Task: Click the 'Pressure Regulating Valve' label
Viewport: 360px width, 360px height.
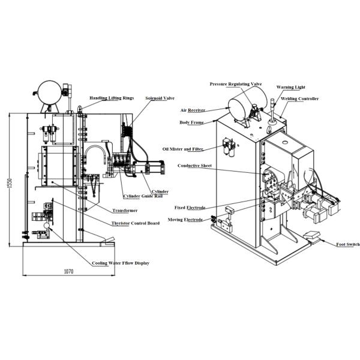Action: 236,84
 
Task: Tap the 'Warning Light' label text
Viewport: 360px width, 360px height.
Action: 290,87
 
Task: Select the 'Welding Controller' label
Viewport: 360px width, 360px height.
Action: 299,99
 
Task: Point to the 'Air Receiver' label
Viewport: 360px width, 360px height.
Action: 193,110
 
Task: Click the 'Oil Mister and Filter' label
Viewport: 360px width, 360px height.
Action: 183,149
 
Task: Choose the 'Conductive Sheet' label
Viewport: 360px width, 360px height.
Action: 194,166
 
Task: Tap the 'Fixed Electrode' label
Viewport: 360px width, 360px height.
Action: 190,208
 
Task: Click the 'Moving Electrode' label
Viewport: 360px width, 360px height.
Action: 185,220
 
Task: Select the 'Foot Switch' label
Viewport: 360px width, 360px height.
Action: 348,244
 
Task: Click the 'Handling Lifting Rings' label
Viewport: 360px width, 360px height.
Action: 112,98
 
